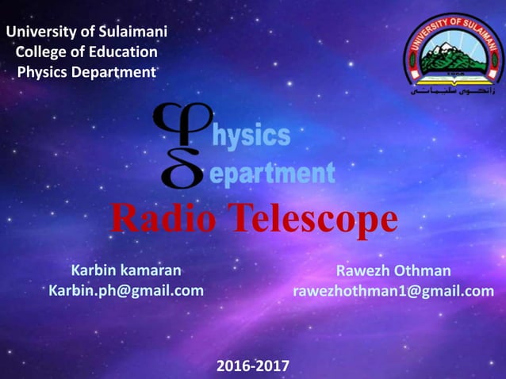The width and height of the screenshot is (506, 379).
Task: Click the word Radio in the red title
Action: (159, 220)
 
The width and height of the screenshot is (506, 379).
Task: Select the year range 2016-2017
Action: (253, 366)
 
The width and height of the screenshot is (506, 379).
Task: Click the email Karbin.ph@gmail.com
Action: (126, 291)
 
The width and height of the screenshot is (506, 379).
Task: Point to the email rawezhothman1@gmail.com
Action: (393, 291)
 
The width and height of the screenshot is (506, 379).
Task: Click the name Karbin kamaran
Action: (126, 270)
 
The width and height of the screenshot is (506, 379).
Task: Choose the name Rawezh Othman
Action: (393, 270)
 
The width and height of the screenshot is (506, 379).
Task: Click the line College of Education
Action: (87, 52)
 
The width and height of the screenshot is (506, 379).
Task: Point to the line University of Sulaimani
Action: (86, 33)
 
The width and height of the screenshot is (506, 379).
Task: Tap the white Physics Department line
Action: (86, 72)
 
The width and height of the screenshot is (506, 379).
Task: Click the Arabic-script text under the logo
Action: (454, 91)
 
